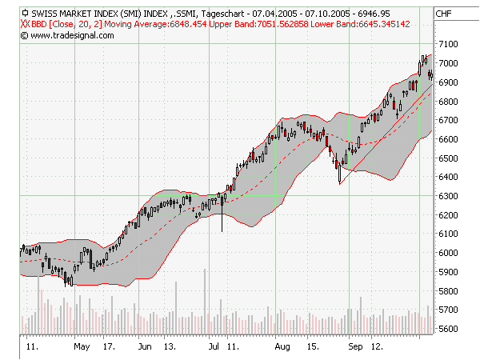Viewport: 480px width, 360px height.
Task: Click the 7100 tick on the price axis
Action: (448, 44)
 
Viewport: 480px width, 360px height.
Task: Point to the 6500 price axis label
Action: (448, 158)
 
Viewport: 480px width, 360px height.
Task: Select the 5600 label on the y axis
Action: (448, 329)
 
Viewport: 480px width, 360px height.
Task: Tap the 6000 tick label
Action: (448, 253)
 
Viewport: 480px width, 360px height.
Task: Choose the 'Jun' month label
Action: (145, 348)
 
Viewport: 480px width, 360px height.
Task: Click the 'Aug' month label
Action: (282, 348)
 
